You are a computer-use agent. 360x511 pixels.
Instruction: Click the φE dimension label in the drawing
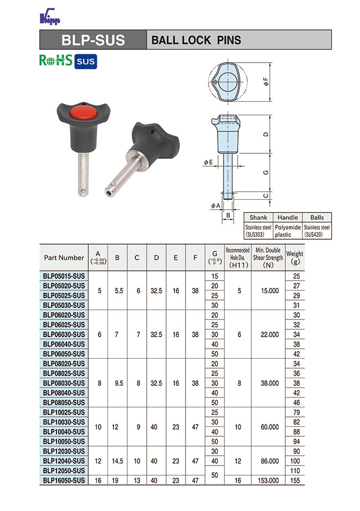click(x=208, y=162)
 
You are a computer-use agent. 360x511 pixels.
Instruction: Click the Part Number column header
click(x=64, y=257)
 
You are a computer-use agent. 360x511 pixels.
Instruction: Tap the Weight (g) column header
click(x=295, y=257)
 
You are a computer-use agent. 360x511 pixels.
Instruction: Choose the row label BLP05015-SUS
click(x=64, y=276)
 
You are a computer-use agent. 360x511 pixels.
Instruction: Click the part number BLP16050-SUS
click(x=64, y=481)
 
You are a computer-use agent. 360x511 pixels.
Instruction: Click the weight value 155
click(x=295, y=481)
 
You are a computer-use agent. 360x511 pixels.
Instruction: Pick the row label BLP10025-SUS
click(x=64, y=412)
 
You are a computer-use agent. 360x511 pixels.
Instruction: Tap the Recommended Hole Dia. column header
click(x=238, y=257)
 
